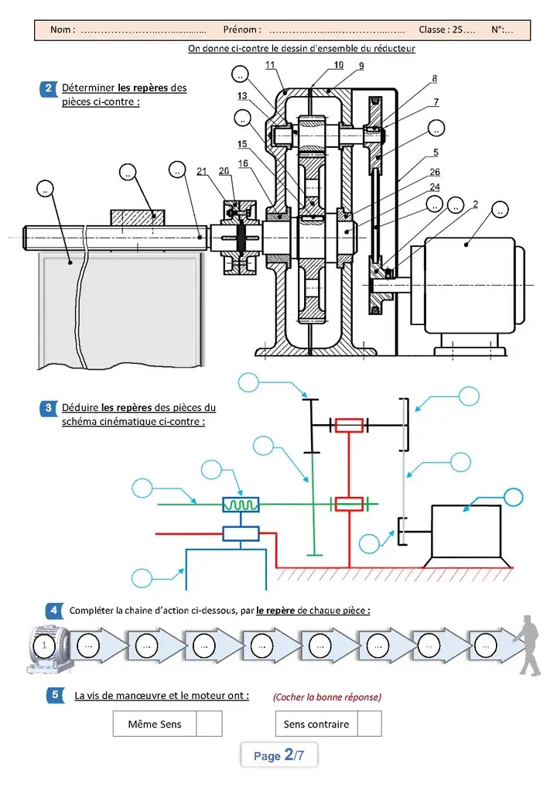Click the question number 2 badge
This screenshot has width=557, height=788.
[48, 88]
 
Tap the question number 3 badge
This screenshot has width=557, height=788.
[48, 408]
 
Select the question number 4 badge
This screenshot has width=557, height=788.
[53, 611]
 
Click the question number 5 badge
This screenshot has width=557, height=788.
[55, 696]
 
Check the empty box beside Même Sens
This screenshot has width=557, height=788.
[209, 724]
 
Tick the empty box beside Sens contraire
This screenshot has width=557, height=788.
[369, 724]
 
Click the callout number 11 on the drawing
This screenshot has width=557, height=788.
[271, 65]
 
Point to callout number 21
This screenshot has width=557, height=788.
[202, 171]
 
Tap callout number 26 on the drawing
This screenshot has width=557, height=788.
[435, 172]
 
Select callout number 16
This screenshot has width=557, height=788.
[243, 163]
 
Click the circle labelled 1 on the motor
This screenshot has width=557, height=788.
[44, 646]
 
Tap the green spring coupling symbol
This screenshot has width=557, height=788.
[241, 505]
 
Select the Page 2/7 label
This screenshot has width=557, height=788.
[278, 755]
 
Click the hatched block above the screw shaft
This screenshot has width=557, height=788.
[138, 218]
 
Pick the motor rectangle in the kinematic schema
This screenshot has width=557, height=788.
[466, 531]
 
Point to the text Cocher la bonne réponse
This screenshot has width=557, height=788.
[327, 697]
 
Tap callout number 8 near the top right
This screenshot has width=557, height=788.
[435, 79]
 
